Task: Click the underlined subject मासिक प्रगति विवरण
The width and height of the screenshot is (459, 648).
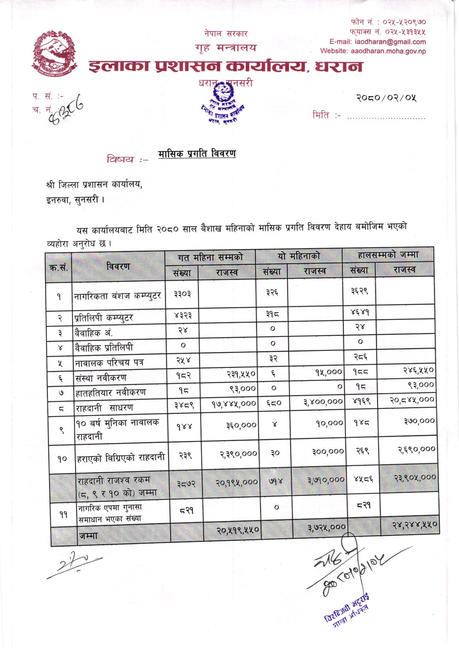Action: [197, 154]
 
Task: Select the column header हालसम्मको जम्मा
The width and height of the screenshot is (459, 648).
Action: [388, 255]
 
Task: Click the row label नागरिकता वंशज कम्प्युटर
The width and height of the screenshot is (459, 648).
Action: [117, 296]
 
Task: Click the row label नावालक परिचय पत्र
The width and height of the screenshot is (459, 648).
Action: [110, 363]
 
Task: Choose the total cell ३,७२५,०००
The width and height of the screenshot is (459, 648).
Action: [327, 526]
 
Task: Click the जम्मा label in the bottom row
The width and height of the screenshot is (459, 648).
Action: [88, 535]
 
